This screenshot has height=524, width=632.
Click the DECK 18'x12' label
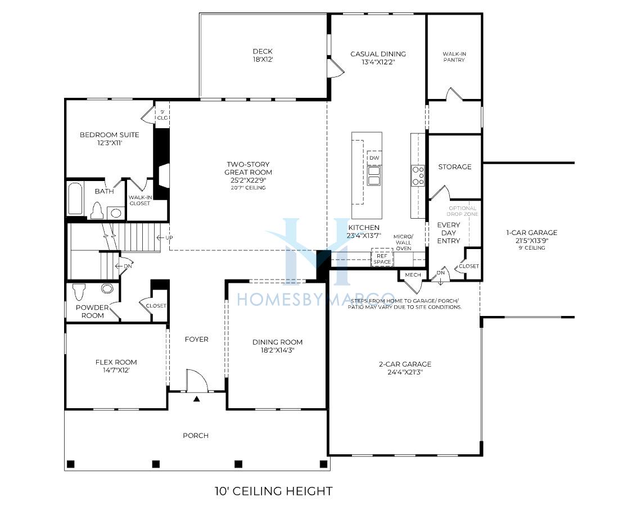(263, 55)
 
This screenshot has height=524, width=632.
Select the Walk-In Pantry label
(454, 57)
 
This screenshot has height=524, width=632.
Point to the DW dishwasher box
(374, 158)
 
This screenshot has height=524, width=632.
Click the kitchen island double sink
(374, 176)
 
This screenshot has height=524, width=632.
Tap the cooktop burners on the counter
(418, 176)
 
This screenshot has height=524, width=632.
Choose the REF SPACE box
(382, 259)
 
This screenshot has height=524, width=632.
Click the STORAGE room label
(455, 166)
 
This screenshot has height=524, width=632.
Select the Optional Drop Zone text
(462, 211)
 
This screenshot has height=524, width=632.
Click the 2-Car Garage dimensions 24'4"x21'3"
(405, 372)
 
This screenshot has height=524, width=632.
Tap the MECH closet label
(413, 275)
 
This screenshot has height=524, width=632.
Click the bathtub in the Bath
(75, 198)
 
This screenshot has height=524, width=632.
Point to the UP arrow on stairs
(165, 238)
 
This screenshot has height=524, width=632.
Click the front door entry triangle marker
(197, 399)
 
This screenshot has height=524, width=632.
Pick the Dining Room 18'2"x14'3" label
(277, 346)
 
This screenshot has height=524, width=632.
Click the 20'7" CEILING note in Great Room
(249, 188)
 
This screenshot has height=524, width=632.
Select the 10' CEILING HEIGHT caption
(273, 491)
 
